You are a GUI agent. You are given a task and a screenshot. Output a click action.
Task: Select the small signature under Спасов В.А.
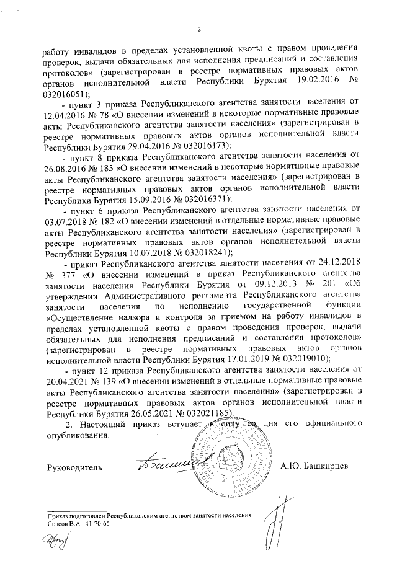[x=55, y=543]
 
